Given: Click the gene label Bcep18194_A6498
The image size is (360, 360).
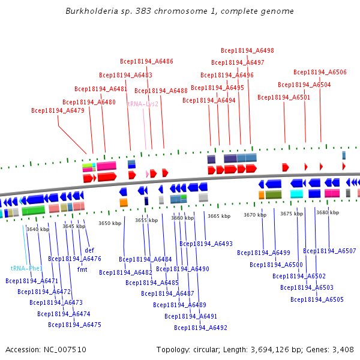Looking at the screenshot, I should point(247,51).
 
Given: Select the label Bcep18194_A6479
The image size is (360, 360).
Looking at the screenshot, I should point(58,110).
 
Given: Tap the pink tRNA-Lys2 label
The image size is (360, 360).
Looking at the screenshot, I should point(143,104).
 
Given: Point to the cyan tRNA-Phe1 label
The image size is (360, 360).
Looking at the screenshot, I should point(26,268).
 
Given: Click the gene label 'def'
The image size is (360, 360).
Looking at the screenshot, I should point(89,250).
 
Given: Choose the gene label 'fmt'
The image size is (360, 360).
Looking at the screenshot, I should point(82,269).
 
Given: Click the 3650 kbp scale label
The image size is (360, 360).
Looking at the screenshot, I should point(110,223).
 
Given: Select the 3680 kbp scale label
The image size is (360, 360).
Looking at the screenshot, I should point(328,212).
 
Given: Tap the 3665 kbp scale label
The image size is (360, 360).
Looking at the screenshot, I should point(219,216).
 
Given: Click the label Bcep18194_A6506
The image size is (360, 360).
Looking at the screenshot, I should point(320,72).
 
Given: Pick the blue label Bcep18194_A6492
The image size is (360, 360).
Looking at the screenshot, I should point(200,328).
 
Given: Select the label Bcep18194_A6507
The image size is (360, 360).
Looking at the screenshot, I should point(329,251).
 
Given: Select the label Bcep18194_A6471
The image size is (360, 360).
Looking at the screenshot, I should point(32,281).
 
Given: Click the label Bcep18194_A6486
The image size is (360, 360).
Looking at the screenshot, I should point(146,61).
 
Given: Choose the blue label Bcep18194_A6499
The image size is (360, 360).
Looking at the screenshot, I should point(263,253).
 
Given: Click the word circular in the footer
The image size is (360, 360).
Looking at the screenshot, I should point(206,349).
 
